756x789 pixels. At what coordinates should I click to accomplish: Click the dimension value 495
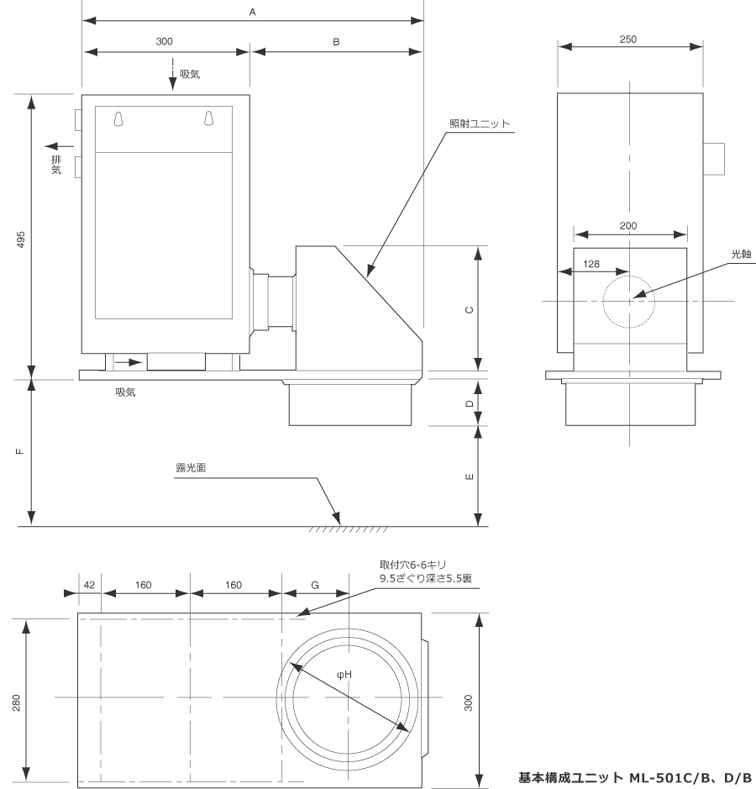point(21,240)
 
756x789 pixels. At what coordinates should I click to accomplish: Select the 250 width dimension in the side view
point(627,39)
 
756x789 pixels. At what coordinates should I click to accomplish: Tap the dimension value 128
point(591,264)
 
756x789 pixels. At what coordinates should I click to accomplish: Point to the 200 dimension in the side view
point(628,226)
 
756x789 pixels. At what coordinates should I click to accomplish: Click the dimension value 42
point(89,585)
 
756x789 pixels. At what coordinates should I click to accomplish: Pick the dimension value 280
point(16,702)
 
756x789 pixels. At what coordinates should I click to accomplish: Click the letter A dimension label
point(253,12)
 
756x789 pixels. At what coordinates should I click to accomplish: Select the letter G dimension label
point(315,585)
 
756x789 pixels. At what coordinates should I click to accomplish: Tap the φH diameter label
point(344,675)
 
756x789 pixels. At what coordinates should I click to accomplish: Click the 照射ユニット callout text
point(480,124)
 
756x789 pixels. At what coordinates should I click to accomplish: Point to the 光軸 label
point(741,254)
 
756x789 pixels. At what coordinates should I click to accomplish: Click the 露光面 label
point(191,467)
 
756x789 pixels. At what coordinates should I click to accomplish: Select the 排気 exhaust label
point(56,165)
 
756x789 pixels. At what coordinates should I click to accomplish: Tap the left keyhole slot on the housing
point(118,118)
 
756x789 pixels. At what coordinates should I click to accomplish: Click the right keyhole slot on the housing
point(209,118)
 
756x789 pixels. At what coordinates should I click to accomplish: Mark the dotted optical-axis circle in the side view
point(629,302)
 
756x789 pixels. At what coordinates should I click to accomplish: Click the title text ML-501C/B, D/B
point(690,778)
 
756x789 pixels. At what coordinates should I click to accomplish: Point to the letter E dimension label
point(470,476)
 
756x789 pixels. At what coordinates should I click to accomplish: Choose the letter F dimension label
point(20,451)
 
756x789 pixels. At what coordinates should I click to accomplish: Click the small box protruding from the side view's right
point(714,159)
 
